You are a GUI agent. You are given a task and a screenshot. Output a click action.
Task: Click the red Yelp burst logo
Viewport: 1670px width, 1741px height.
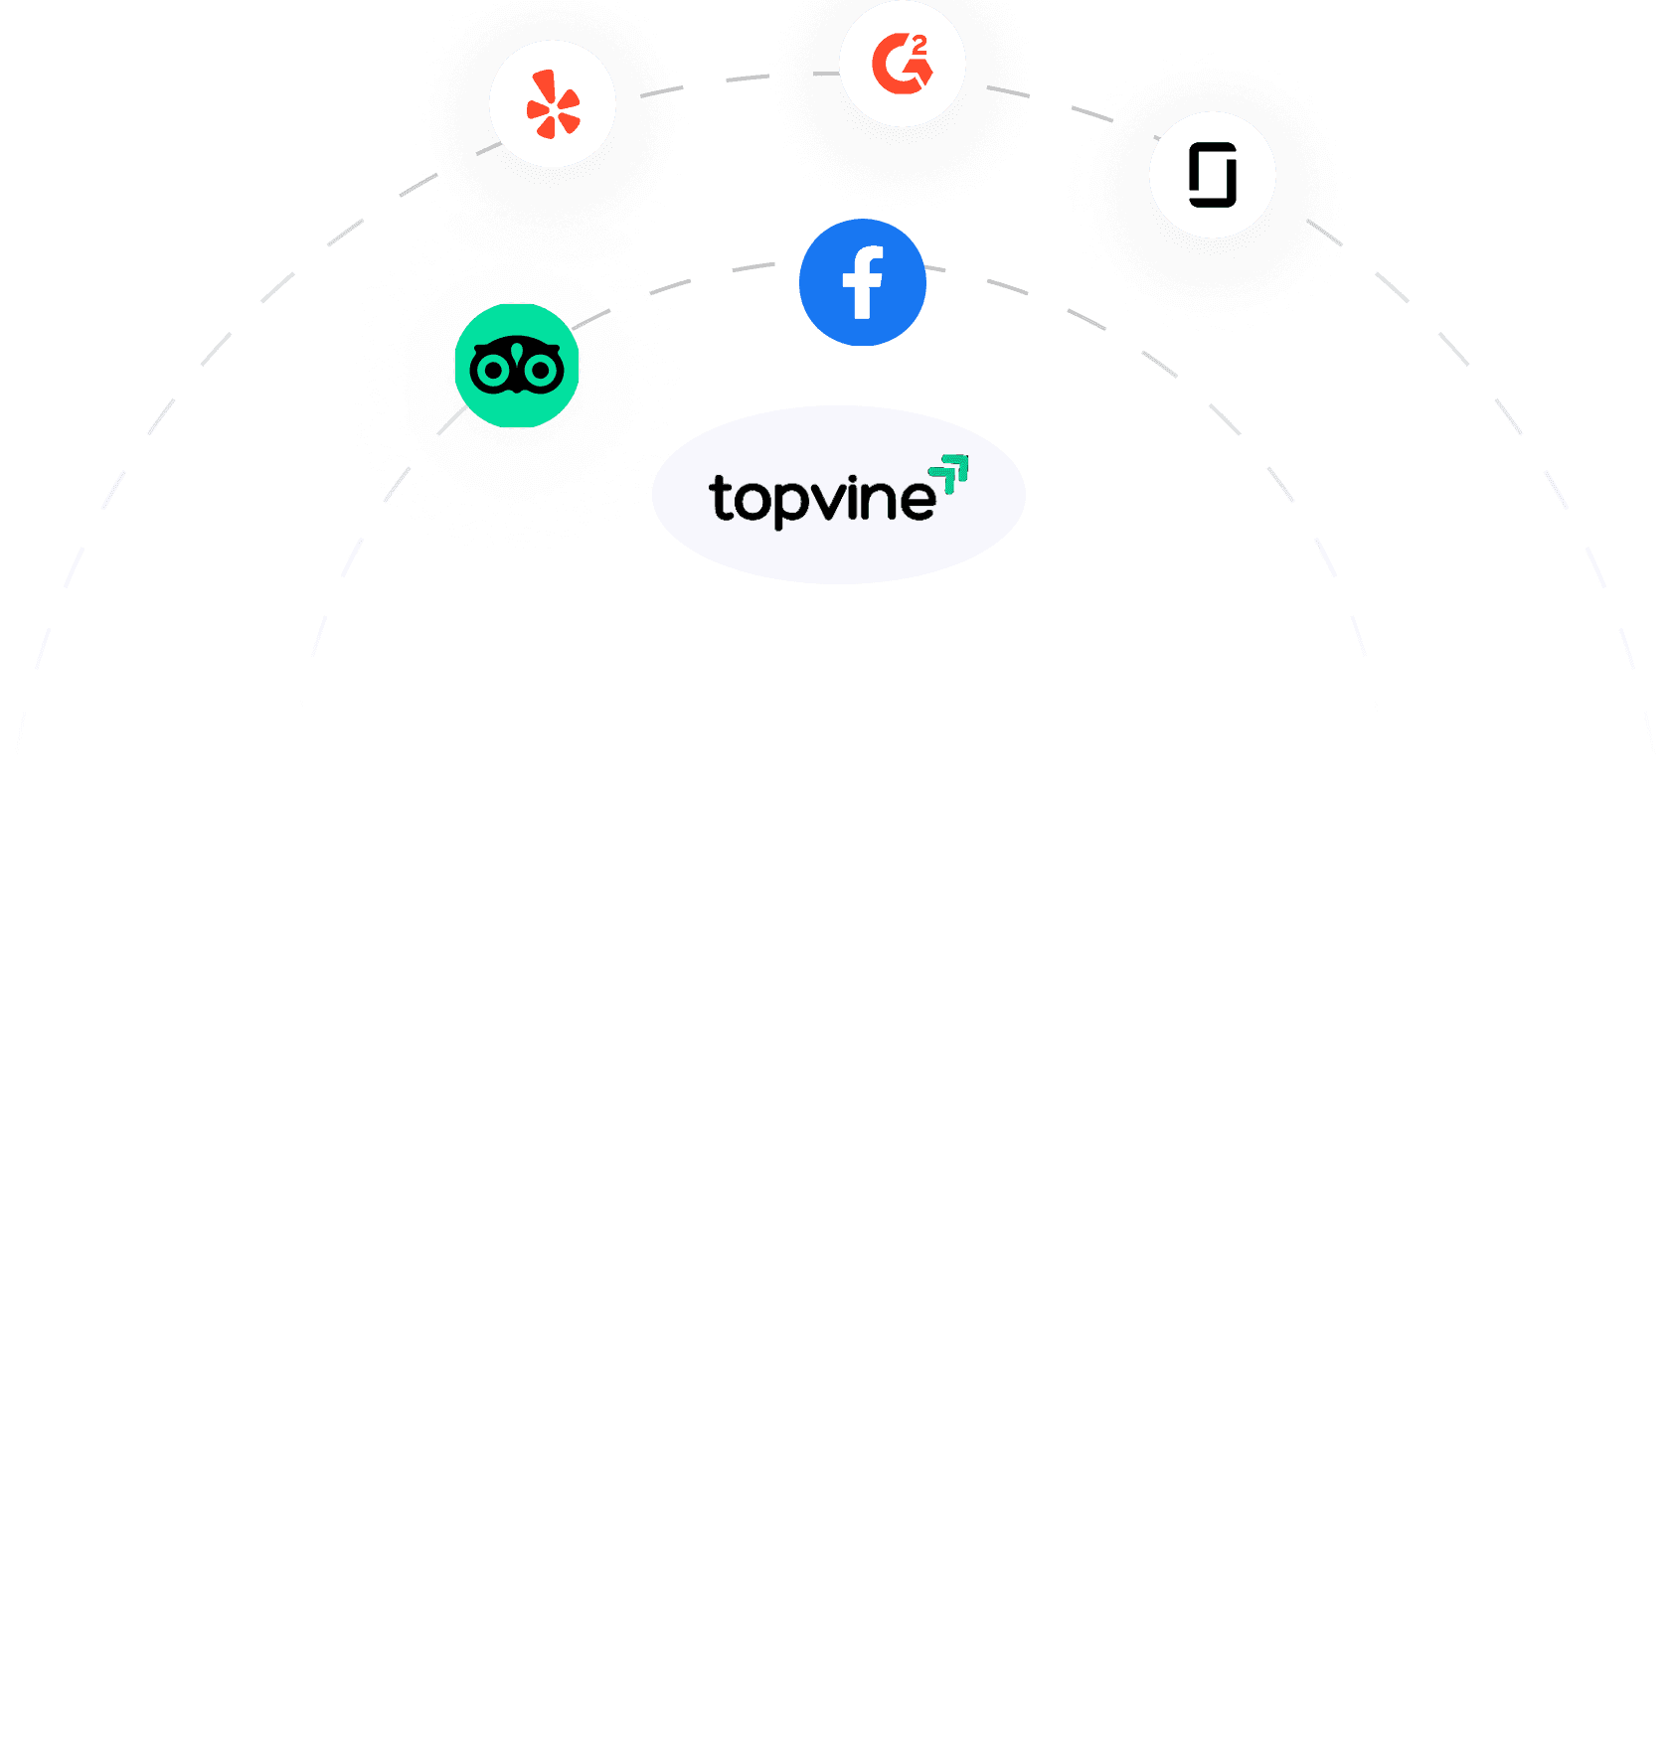point(553,104)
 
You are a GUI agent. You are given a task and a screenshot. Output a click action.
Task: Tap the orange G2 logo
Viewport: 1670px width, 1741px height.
point(903,64)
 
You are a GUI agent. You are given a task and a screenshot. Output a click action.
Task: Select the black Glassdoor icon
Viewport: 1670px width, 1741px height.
point(1213,175)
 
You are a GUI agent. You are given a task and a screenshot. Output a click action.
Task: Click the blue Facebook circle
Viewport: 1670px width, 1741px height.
point(863,282)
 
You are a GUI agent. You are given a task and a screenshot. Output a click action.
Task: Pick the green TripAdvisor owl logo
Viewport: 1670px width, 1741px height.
point(517,366)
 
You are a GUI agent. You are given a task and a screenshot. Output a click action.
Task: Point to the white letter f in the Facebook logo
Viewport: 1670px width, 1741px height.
point(863,283)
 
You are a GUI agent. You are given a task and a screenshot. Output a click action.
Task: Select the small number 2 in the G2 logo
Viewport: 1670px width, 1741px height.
point(919,44)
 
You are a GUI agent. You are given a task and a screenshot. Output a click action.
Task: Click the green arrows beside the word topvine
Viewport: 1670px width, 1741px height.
point(949,473)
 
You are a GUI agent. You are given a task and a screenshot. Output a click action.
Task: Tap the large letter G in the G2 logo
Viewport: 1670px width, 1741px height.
point(897,65)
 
